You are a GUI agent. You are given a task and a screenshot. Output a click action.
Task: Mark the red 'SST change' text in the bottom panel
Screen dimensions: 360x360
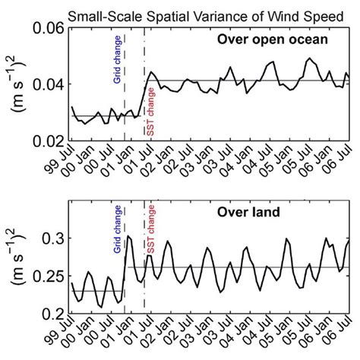(150, 231)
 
